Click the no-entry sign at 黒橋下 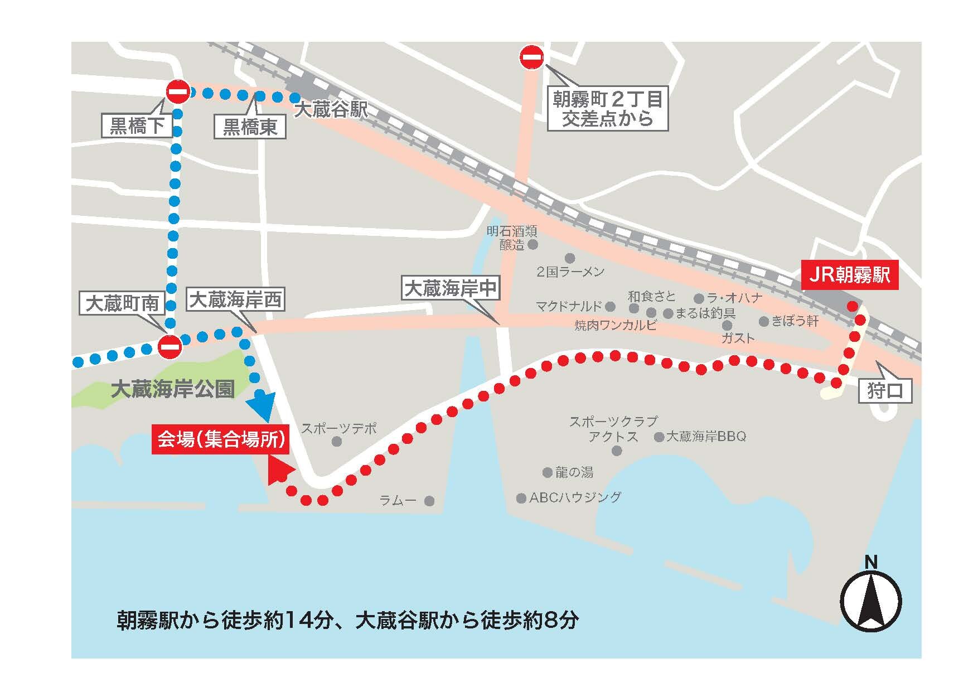(x=178, y=92)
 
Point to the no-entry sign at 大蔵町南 (x=169, y=347)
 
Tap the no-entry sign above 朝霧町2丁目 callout (x=531, y=57)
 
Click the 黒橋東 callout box (x=250, y=127)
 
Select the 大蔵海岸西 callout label (x=236, y=301)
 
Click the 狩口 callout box (x=885, y=391)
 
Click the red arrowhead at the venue (x=279, y=470)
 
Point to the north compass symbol (x=870, y=602)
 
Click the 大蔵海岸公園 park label (x=172, y=389)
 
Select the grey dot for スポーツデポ (x=336, y=442)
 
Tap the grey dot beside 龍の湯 (x=547, y=472)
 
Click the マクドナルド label (x=569, y=306)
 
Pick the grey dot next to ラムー (x=429, y=501)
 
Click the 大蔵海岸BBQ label (x=706, y=436)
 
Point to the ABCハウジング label (x=575, y=497)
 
